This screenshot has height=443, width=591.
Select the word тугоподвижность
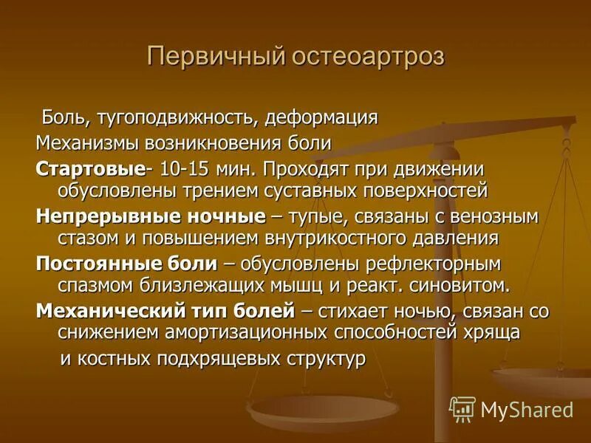point(174,117)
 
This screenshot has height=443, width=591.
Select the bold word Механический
point(103,311)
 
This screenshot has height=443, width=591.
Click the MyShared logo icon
point(462,408)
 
